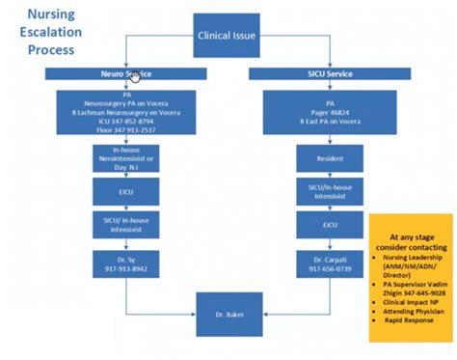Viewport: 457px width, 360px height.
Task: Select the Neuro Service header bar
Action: (x=125, y=73)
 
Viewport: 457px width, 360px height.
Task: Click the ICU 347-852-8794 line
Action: (x=124, y=122)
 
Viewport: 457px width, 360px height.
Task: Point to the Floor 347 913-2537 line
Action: (x=124, y=130)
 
